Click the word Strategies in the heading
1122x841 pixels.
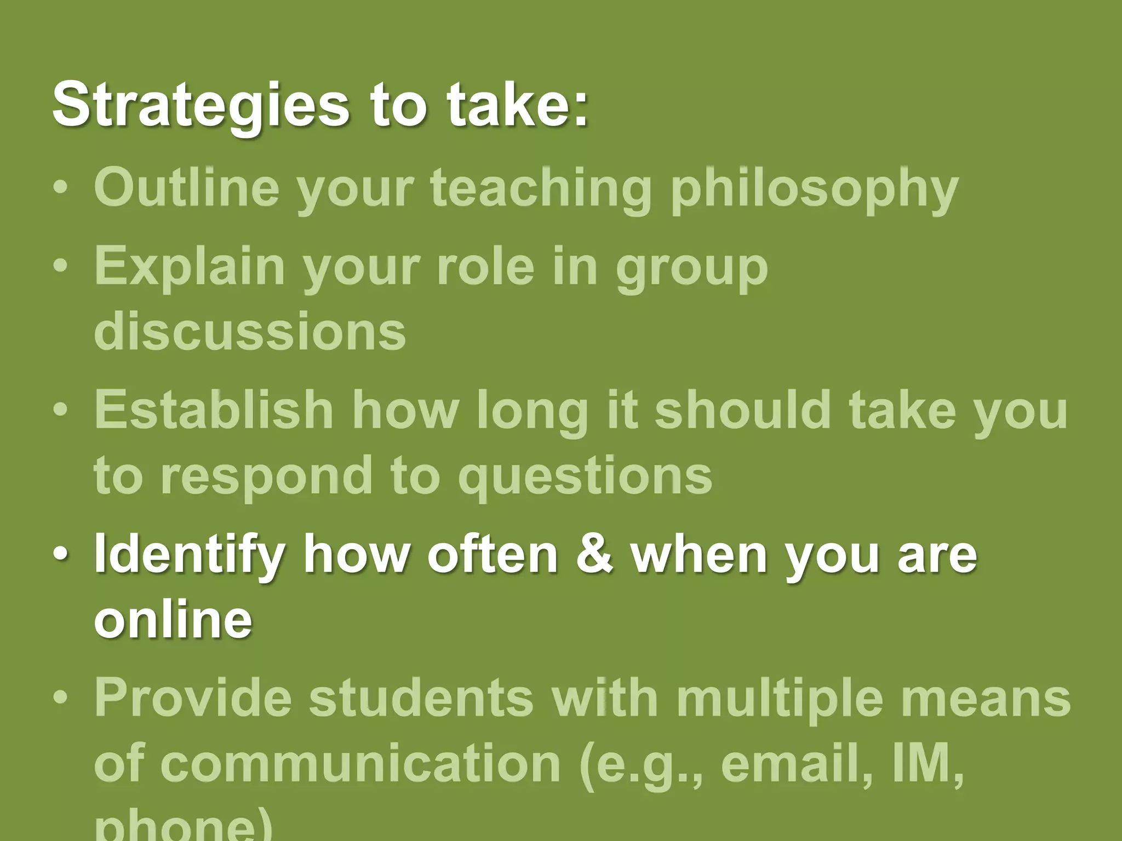201,104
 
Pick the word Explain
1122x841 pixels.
190,267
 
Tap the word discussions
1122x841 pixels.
250,331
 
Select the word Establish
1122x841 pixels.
214,409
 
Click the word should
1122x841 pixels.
743,409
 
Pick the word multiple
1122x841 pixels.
780,698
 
